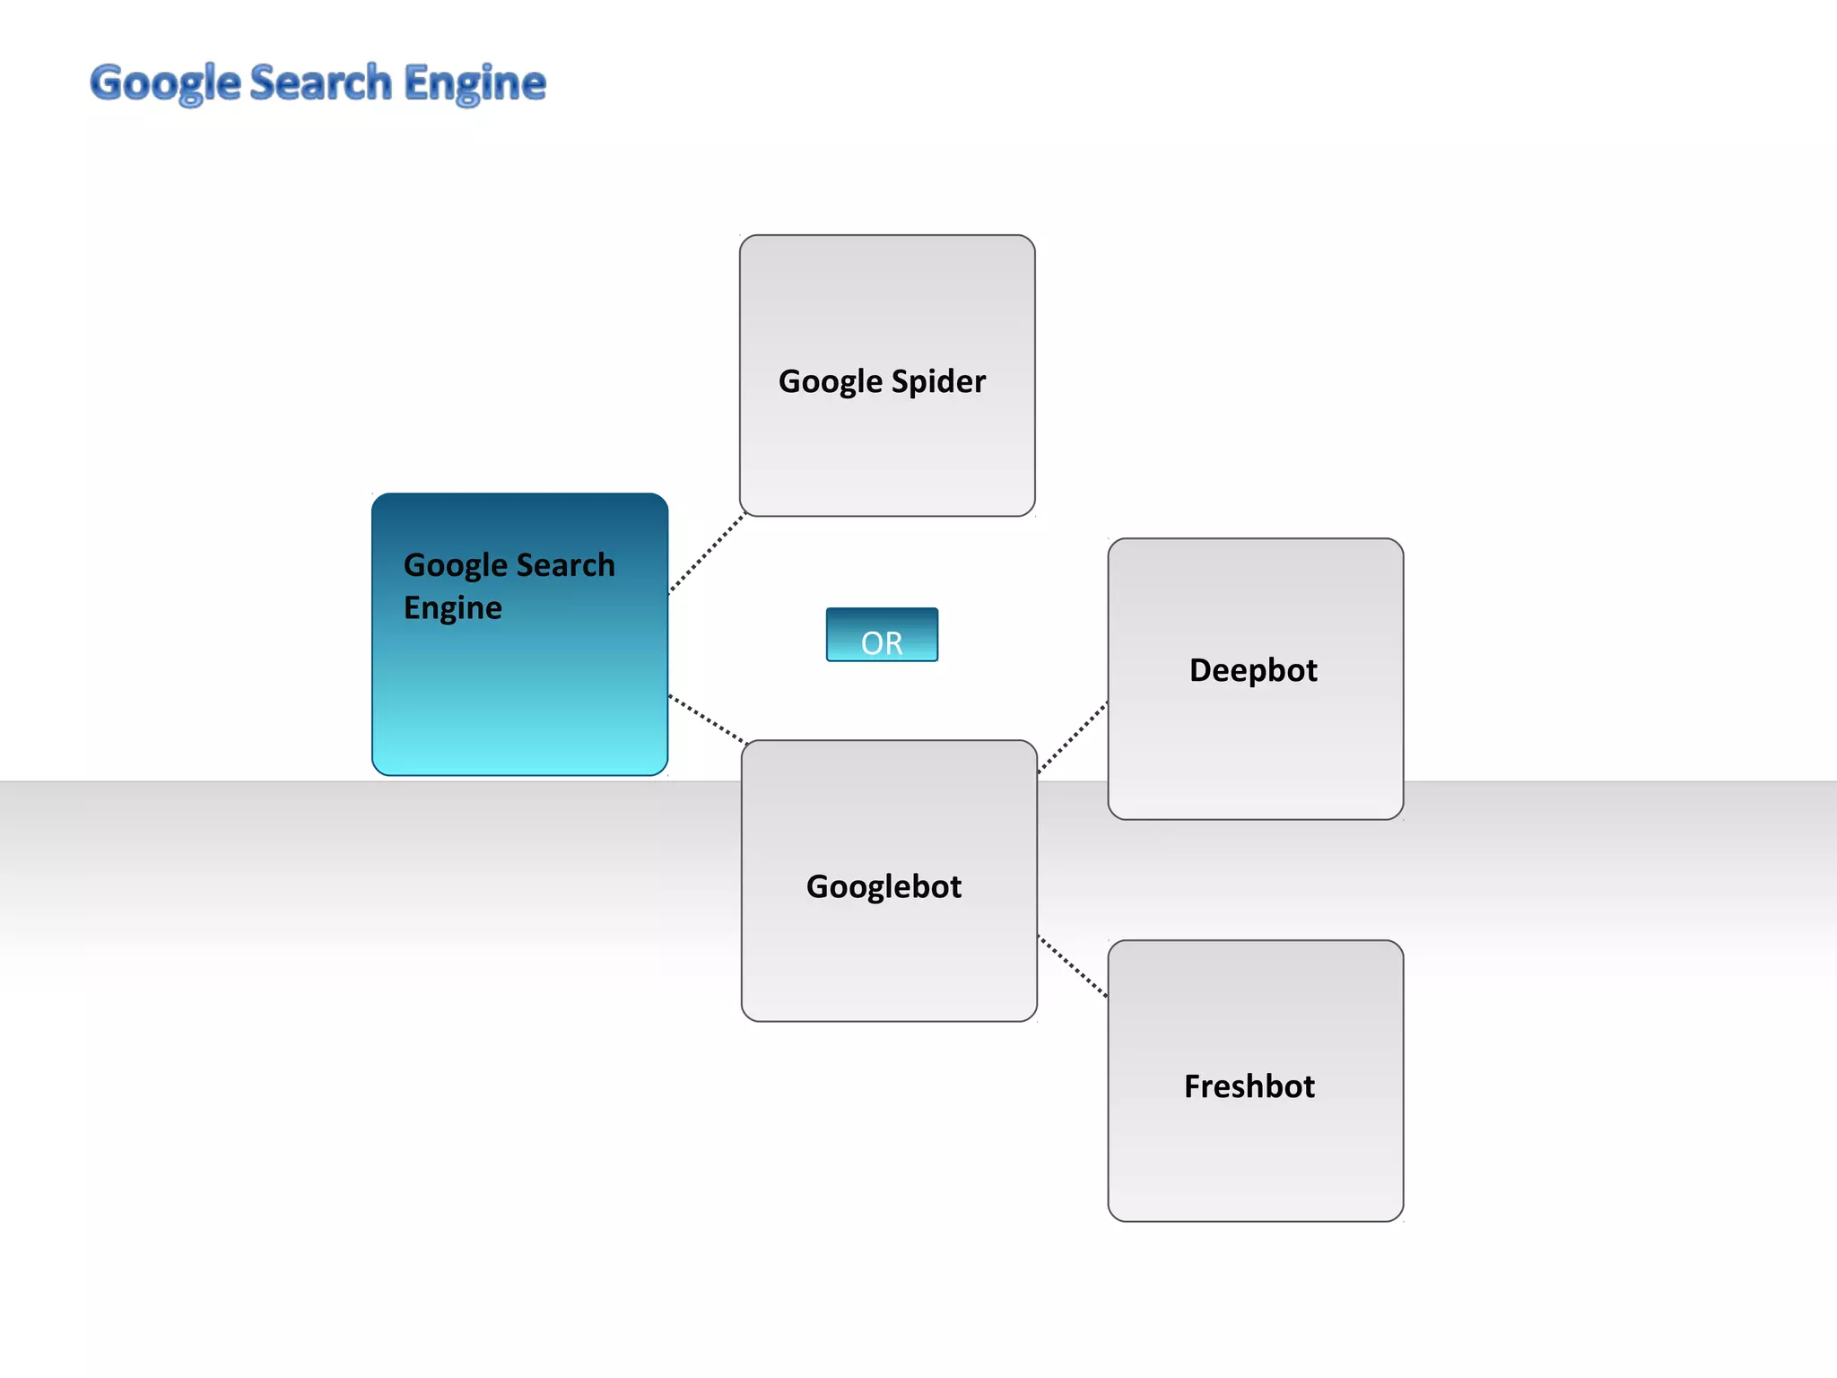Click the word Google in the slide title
[x=166, y=83]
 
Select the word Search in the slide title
[x=321, y=83]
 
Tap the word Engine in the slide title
[x=474, y=83]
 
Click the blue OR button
[x=882, y=635]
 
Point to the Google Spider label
[x=882, y=381]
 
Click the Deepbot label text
[x=1253, y=670]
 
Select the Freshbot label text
[x=1249, y=1086]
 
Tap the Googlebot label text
[x=884, y=886]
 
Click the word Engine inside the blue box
[x=452, y=608]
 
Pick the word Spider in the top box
[x=938, y=381]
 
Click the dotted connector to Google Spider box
[x=707, y=553]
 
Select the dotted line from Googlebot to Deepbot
[x=1073, y=737]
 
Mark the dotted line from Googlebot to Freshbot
[x=1073, y=966]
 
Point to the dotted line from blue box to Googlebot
[x=707, y=719]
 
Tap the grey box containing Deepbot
[x=1256, y=754]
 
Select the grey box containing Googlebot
[x=889, y=960]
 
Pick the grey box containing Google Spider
[x=887, y=449]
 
